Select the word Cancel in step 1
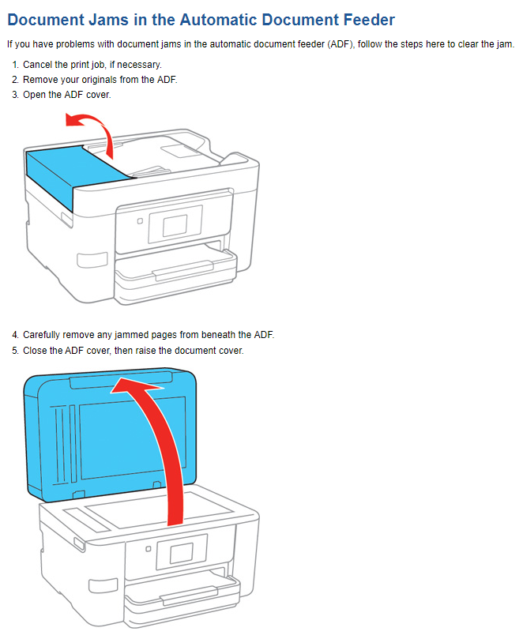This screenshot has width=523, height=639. pos(38,65)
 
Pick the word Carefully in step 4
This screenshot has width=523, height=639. pos(44,335)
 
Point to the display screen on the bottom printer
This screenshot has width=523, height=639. pos(182,548)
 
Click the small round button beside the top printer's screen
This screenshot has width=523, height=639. pos(140,222)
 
